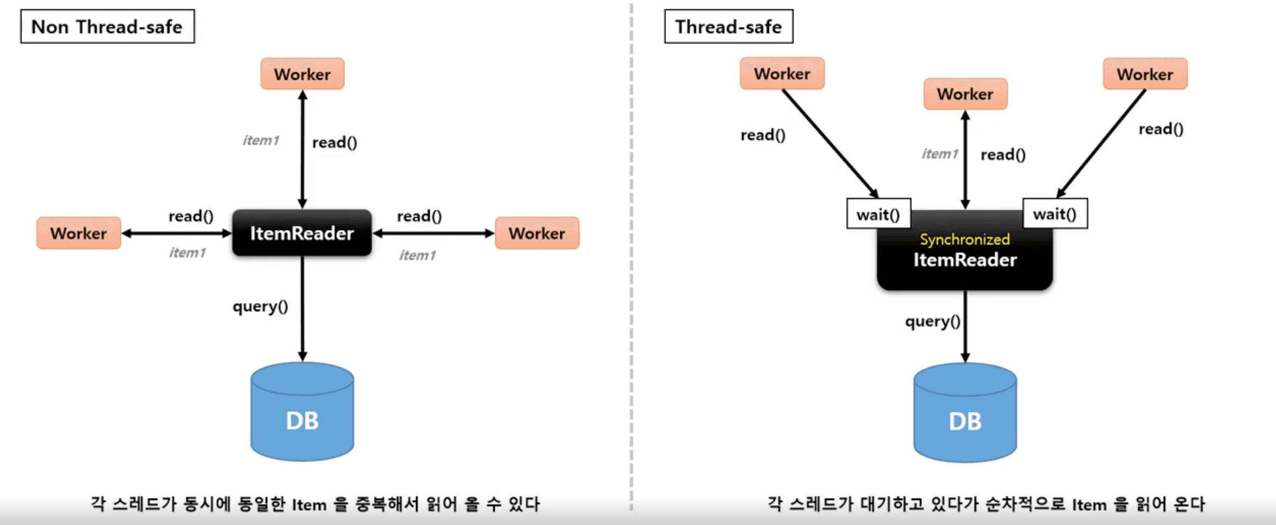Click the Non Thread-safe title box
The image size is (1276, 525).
(107, 26)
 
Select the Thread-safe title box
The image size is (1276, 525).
(728, 26)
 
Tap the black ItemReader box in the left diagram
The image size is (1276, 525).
(302, 233)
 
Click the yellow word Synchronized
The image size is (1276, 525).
(964, 239)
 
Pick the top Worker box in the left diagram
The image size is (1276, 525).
(302, 74)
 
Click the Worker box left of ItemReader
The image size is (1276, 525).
(79, 233)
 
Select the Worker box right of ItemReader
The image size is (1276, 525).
(537, 233)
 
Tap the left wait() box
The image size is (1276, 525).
(878, 214)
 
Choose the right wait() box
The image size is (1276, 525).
(1055, 214)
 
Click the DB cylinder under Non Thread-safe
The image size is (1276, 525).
(302, 413)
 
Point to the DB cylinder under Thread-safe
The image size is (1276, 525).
(965, 414)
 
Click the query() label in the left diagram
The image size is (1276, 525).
(260, 306)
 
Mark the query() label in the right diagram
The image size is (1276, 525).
(932, 321)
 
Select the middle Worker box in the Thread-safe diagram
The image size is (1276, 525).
(965, 94)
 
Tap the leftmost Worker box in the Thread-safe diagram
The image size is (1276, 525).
(782, 73)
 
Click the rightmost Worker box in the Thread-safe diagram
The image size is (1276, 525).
(1145, 74)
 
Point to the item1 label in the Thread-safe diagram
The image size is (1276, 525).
(939, 154)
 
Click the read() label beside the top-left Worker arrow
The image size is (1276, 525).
(763, 135)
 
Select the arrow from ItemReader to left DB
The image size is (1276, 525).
(302, 308)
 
